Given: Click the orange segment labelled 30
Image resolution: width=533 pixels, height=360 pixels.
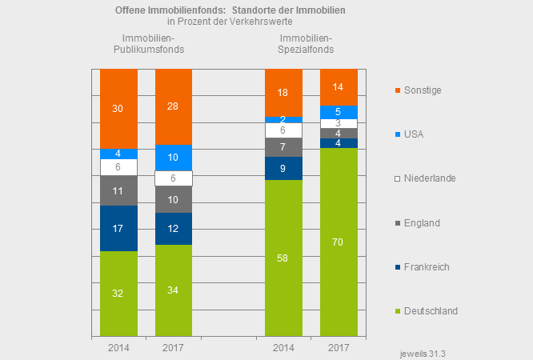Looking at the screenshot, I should (118, 108).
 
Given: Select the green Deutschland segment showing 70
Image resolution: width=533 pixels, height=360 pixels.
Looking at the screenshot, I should (339, 242).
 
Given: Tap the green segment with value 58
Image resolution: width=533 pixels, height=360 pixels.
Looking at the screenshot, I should (283, 257).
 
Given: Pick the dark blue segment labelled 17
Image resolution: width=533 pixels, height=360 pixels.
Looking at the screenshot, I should (118, 228).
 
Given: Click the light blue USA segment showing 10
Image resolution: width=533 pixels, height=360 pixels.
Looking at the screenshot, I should (174, 158).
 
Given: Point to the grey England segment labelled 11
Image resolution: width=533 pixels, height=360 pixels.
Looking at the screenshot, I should (118, 191).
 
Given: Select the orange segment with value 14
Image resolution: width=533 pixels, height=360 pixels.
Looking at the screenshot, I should (339, 86).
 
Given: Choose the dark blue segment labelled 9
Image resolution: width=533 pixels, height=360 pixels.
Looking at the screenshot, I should (283, 169).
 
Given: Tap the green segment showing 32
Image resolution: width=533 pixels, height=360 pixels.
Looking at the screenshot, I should (118, 293).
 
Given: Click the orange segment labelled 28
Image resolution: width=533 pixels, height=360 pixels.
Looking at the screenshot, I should (174, 106).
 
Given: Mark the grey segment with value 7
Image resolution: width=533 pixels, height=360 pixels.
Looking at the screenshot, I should (283, 147).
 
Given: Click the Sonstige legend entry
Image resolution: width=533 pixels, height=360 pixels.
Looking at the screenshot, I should (422, 90).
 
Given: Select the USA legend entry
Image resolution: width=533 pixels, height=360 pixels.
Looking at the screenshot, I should (415, 134).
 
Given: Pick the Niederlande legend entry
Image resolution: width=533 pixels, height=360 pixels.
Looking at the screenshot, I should (429, 178).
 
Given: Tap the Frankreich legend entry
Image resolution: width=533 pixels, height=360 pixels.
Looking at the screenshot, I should (426, 266).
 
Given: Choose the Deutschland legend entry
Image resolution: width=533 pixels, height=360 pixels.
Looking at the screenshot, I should (430, 310).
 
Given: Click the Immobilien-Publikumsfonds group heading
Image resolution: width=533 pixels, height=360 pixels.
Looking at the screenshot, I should (149, 44).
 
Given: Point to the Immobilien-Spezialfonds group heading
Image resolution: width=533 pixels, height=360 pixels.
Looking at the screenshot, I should (307, 44).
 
